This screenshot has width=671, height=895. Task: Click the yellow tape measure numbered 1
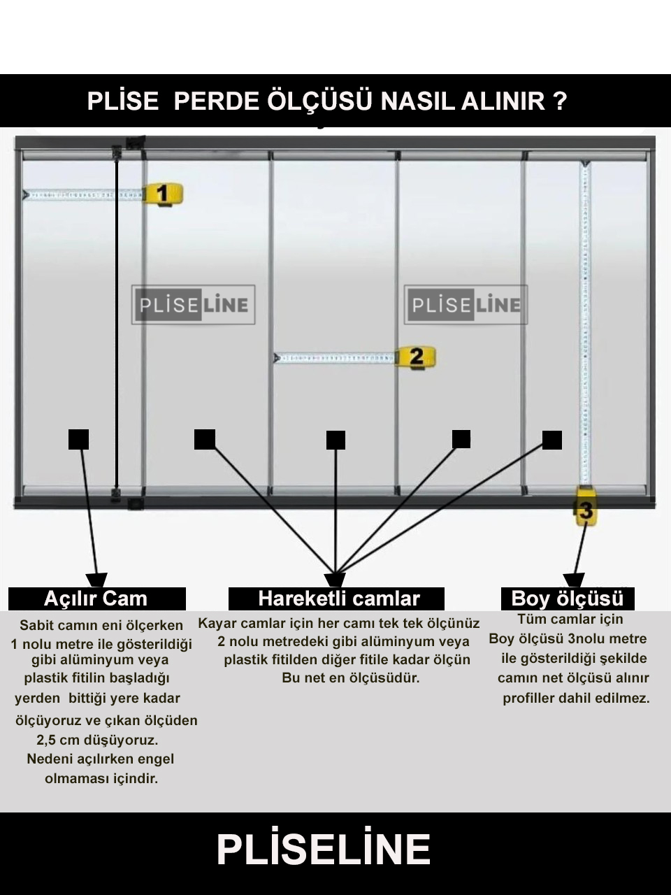pos(163,194)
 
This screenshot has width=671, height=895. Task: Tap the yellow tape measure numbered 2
pos(416,357)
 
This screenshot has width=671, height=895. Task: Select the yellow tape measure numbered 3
pos(586,506)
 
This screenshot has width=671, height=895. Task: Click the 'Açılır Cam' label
pos(96,599)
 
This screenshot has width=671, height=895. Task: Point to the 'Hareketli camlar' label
pos(336,599)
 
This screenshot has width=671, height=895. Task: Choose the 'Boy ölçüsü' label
pos(568,599)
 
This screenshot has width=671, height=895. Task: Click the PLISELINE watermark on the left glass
pos(193,305)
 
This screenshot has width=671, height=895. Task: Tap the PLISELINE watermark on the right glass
pos(466,305)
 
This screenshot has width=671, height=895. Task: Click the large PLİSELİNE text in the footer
pos(324,850)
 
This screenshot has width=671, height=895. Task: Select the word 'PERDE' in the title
pos(217,101)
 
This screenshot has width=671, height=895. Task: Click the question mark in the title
pos(560,101)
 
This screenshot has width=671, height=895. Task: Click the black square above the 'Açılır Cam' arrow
pos(78,440)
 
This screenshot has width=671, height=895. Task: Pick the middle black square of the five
pos(335,441)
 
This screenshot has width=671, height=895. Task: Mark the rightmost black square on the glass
pos(552,440)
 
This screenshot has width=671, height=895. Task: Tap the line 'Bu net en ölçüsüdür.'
pos(351,678)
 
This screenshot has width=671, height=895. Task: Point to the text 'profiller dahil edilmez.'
pos(576,698)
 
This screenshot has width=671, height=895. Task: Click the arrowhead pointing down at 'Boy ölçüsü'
pos(574,580)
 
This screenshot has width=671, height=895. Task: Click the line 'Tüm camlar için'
pos(570,619)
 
